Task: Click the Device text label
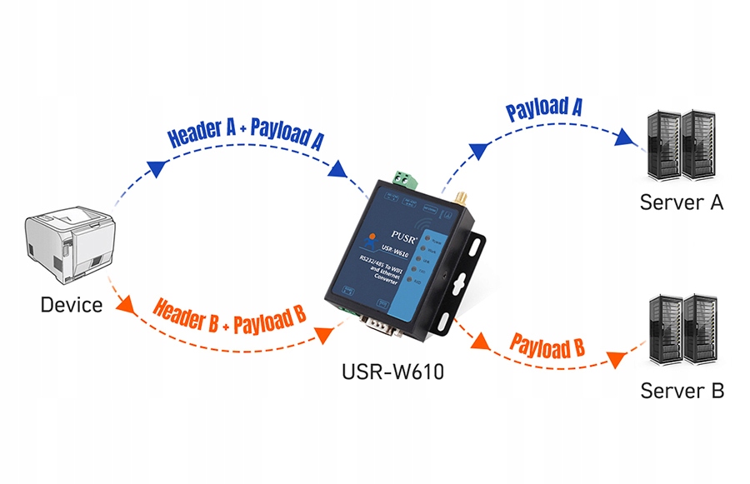click(x=71, y=305)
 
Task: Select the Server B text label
click(x=682, y=390)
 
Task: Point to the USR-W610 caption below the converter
click(x=392, y=372)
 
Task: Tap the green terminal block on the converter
click(x=405, y=179)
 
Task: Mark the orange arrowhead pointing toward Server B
click(x=617, y=359)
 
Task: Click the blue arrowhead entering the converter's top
click(x=338, y=170)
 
